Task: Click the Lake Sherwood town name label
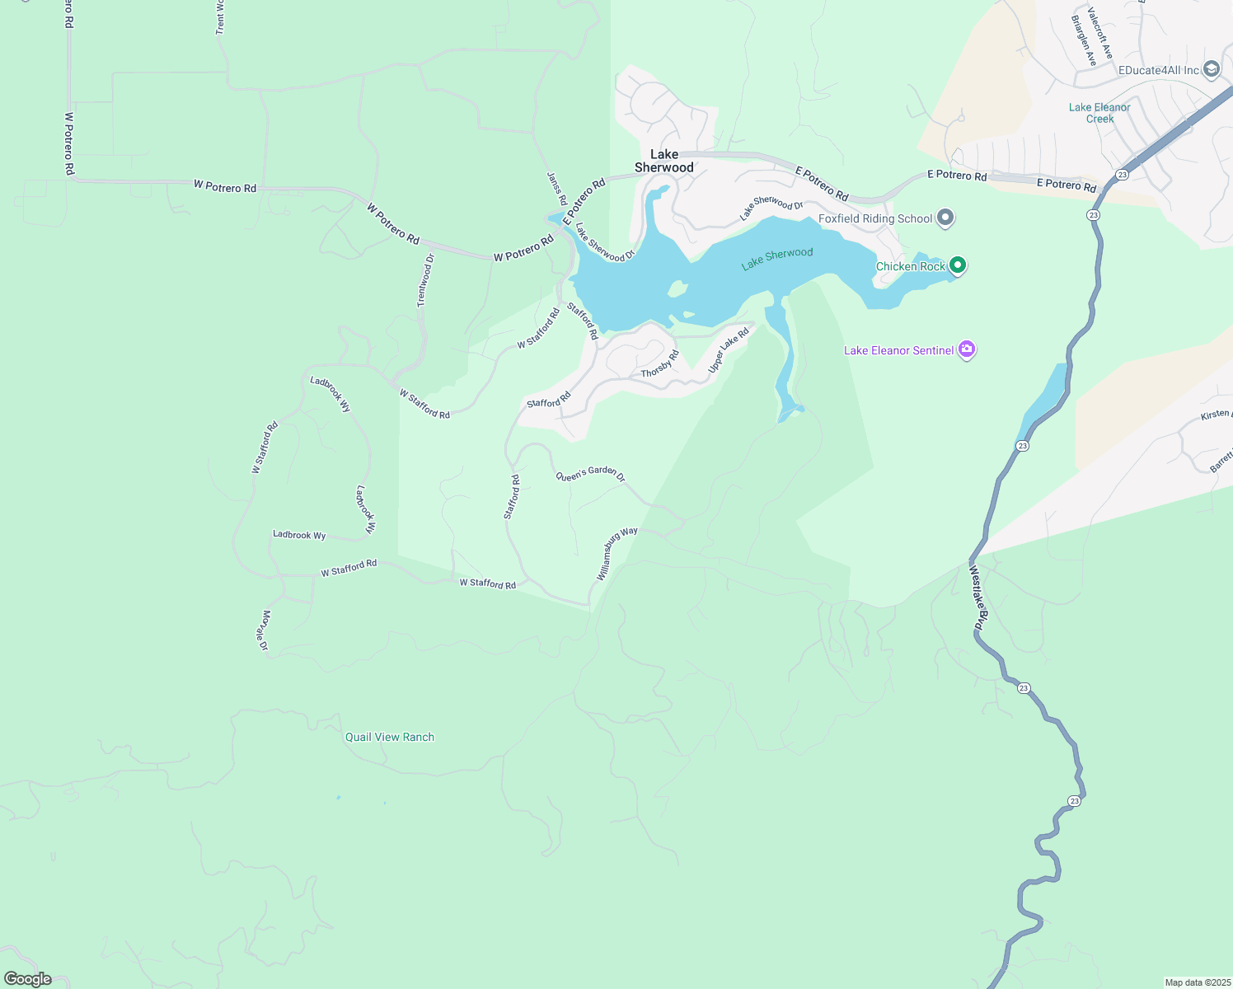[664, 161]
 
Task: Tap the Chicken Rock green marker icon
[957, 265]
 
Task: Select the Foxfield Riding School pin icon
[945, 218]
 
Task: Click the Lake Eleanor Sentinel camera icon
[967, 350]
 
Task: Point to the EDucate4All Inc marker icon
[1211, 69]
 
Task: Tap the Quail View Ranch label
[389, 737]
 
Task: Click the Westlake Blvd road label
[977, 598]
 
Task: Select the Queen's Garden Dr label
[590, 475]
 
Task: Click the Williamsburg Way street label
[616, 553]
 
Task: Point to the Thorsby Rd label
[659, 364]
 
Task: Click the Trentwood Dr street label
[425, 280]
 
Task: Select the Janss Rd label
[557, 189]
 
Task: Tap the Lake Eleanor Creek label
[1099, 113]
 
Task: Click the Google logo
[27, 979]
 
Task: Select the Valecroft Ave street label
[1099, 33]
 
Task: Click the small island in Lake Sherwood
[677, 288]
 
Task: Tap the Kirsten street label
[1216, 414]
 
